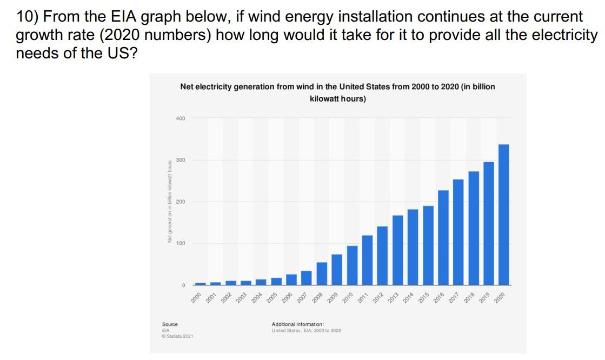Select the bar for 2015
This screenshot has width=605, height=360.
[x=428, y=245]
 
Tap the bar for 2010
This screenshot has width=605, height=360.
[x=352, y=265]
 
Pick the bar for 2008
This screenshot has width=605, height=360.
[x=322, y=274]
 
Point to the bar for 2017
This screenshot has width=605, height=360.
[x=458, y=232]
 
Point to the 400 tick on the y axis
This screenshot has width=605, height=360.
[x=180, y=118]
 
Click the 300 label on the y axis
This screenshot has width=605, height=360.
[x=180, y=160]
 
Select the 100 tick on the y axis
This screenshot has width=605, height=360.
[x=180, y=243]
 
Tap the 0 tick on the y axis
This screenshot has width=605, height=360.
[x=183, y=285]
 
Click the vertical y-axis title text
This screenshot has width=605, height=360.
[x=169, y=201]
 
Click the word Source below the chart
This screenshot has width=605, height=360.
[x=170, y=324]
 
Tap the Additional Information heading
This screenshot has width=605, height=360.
[x=297, y=324]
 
